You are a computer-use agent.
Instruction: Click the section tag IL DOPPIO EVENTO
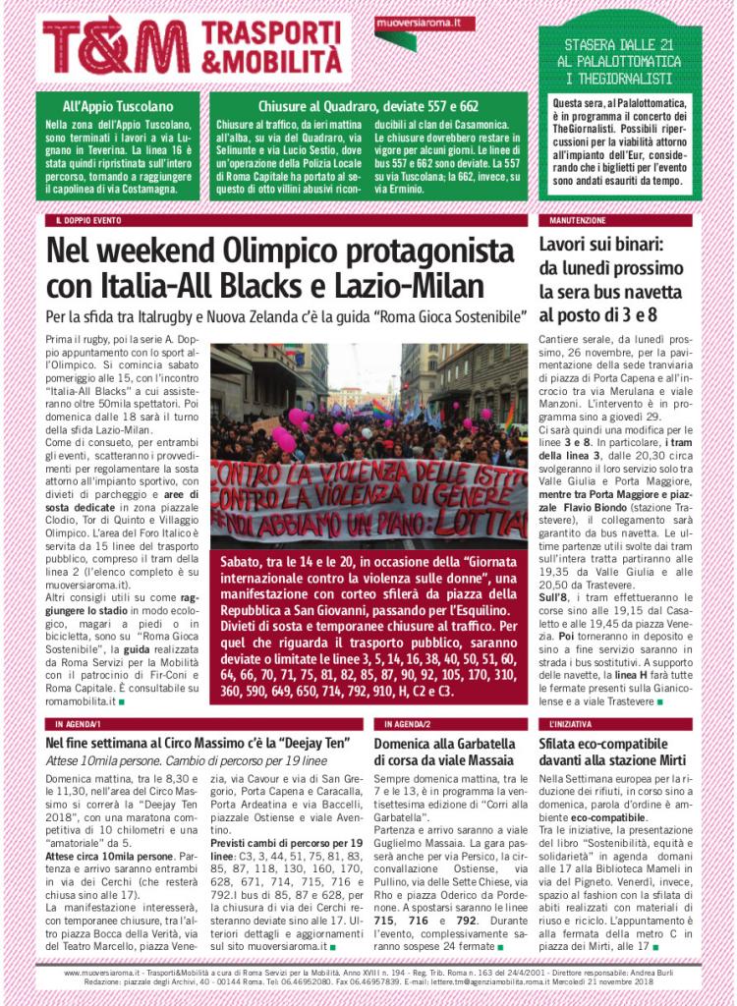[89, 221]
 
